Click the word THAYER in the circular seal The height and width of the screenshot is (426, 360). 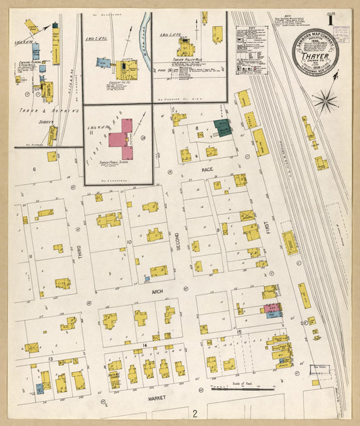tap(319, 49)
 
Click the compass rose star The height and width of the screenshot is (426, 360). tap(325, 102)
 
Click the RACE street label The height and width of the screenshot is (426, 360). tap(207, 171)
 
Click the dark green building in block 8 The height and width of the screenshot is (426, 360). tap(222, 127)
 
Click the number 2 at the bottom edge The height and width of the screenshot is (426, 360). tap(195, 412)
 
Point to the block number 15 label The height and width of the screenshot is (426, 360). tap(239, 332)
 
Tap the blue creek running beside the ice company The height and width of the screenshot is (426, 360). tap(143, 41)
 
